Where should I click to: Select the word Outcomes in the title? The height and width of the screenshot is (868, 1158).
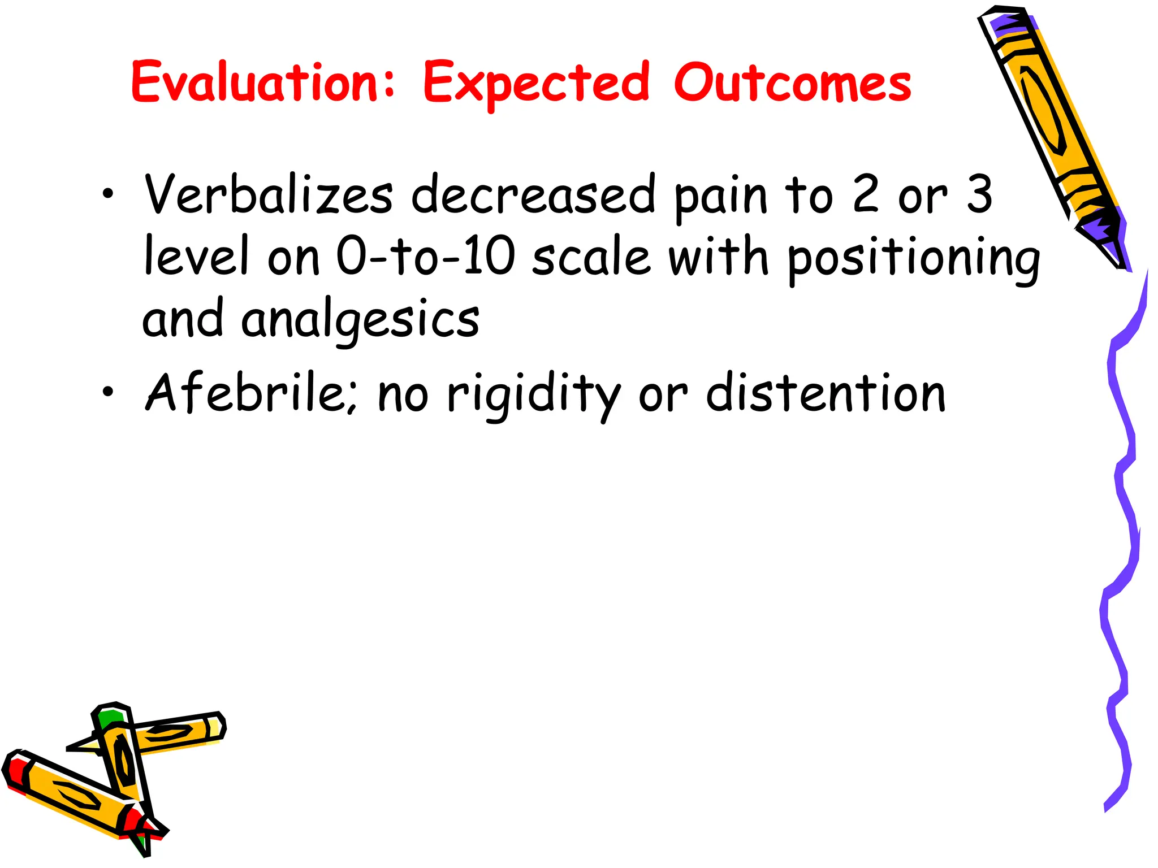coord(792,83)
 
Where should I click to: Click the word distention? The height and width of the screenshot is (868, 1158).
coord(826,393)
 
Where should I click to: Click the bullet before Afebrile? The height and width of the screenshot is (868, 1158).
coord(108,392)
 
